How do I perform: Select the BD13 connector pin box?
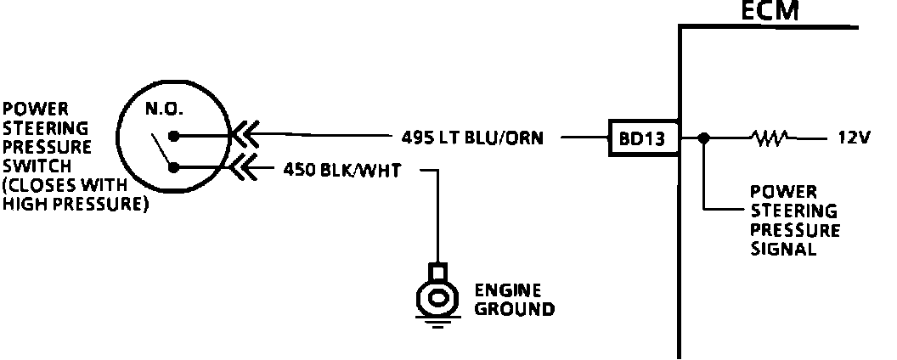point(643,137)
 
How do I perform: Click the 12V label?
point(852,137)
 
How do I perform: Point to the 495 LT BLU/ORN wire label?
point(472,137)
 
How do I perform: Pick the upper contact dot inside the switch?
point(173,135)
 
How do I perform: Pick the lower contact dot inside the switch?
point(173,167)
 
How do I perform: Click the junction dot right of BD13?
point(703,137)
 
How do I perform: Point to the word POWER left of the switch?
point(25,110)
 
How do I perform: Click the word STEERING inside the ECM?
point(793,211)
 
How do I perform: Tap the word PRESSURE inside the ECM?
point(795,230)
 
